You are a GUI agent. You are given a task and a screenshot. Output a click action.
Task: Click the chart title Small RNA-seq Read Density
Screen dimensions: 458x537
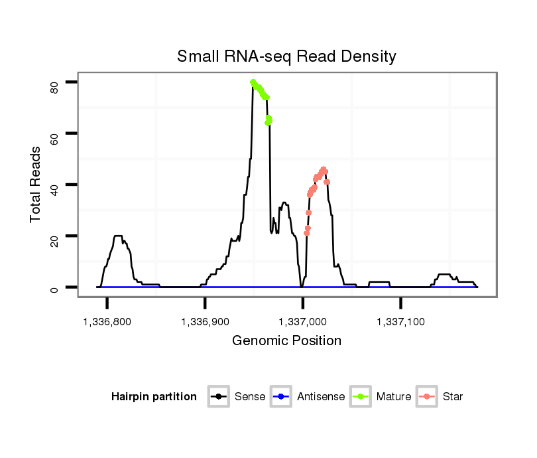(x=286, y=56)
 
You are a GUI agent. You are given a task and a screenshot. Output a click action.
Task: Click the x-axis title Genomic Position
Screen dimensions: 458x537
(x=286, y=341)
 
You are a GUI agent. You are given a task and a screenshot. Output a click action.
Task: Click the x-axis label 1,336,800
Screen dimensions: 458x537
(x=107, y=321)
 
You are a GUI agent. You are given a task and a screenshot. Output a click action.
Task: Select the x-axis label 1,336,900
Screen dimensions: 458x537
(x=205, y=321)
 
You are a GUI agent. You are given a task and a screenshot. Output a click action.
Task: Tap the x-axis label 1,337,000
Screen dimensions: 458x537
(x=303, y=321)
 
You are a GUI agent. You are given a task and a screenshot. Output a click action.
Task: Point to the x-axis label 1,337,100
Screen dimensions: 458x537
(x=400, y=321)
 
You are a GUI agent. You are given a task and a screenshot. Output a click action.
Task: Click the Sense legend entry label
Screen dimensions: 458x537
(x=250, y=397)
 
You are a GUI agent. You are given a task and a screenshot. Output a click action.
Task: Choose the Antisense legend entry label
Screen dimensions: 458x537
(x=320, y=397)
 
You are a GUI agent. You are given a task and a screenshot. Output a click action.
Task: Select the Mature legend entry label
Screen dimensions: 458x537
(x=393, y=397)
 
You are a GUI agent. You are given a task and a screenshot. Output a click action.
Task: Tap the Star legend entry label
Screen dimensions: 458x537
(x=452, y=397)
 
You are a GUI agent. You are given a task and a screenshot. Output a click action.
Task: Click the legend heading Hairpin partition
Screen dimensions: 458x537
(x=154, y=397)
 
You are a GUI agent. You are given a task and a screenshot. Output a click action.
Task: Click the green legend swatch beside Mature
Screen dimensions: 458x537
(x=362, y=397)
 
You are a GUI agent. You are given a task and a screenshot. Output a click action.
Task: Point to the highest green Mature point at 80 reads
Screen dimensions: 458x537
(x=253, y=82)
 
